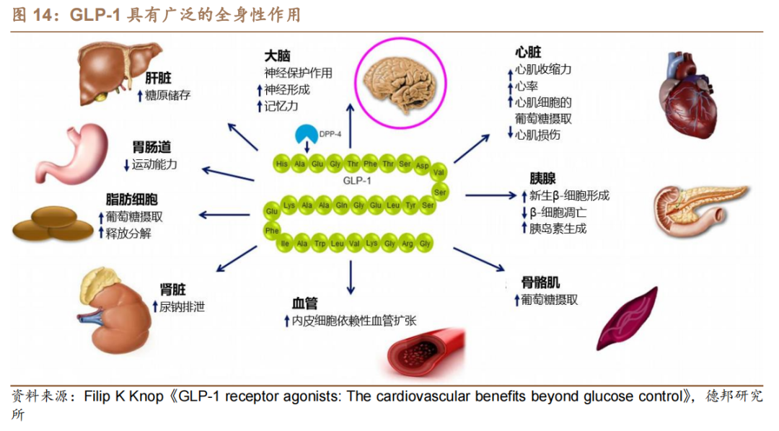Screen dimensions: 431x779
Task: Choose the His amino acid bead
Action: click(282, 164)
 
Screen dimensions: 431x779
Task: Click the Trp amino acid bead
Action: click(320, 244)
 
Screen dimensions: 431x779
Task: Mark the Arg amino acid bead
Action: click(408, 244)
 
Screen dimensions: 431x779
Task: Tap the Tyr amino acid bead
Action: click(410, 205)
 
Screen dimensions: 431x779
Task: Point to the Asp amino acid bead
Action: click(423, 165)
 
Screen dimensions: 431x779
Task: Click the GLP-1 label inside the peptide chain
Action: click(356, 181)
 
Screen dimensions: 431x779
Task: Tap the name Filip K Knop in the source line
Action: click(124, 396)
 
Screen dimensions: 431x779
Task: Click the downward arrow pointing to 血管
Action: click(351, 277)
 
